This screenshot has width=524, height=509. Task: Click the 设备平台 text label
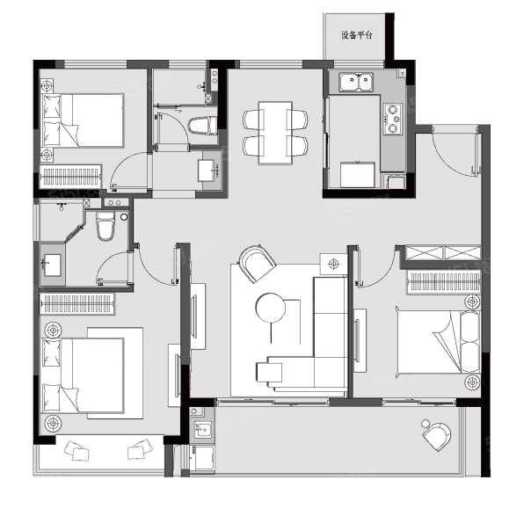[x=356, y=35]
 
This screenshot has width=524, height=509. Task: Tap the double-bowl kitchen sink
[x=356, y=83]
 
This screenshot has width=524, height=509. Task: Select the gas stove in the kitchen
[x=393, y=119]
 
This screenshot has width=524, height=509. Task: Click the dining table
[x=275, y=133]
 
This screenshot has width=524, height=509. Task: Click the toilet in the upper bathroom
[x=202, y=126]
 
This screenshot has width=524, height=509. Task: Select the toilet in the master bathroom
[x=106, y=225]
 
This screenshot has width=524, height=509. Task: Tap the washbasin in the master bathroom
[x=52, y=265]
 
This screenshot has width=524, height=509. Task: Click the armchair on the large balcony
[x=437, y=436]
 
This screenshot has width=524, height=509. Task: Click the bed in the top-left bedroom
[x=83, y=120]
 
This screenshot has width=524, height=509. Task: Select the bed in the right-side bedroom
[x=439, y=342]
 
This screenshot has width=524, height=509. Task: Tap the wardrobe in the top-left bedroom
[x=70, y=176]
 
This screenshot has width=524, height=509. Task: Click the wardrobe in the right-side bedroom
[x=444, y=282]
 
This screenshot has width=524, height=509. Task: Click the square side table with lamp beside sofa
[x=333, y=264]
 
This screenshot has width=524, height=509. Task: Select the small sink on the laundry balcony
[x=203, y=430]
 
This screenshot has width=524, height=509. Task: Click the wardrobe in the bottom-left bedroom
[x=76, y=304]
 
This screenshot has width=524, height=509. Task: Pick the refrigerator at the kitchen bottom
[x=358, y=175]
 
